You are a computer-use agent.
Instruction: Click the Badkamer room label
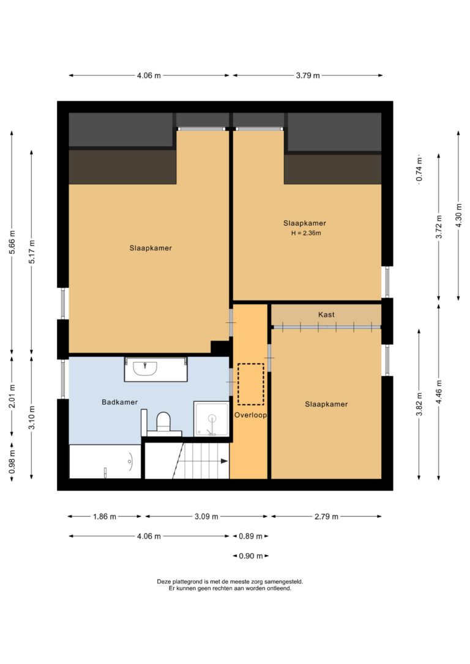click(x=119, y=402)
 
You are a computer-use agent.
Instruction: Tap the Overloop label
click(x=251, y=415)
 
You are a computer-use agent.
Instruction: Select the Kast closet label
click(x=326, y=315)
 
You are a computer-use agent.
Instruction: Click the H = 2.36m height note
click(x=306, y=233)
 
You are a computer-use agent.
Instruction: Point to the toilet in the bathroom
click(x=163, y=422)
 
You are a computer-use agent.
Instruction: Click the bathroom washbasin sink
click(x=145, y=368)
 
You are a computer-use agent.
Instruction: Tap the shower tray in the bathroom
click(x=211, y=419)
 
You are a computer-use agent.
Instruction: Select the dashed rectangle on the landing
click(x=250, y=384)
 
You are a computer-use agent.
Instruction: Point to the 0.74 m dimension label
click(x=419, y=169)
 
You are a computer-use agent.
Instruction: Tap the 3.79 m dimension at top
click(x=308, y=75)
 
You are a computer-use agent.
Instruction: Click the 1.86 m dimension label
click(x=105, y=517)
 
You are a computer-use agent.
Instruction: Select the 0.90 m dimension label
click(x=251, y=556)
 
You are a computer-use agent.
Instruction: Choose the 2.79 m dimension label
click(x=326, y=517)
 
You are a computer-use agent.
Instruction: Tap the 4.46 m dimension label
click(x=439, y=392)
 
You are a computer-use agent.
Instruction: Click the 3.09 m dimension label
click(x=206, y=517)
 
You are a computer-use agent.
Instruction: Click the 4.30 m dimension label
click(x=458, y=216)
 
